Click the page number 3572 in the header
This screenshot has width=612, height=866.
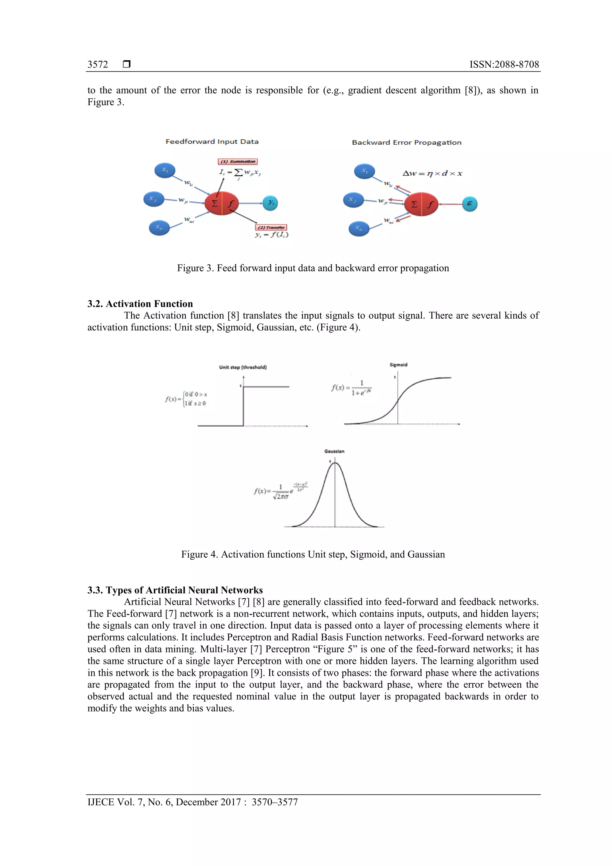[98, 65]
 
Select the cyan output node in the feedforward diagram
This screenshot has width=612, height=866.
[270, 203]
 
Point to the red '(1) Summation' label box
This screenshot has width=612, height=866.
[238, 161]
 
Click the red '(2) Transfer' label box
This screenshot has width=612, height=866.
[271, 227]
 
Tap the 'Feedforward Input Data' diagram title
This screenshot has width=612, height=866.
[212, 142]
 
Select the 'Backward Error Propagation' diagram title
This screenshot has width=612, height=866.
[406, 143]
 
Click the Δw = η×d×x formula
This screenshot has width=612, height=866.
[432, 173]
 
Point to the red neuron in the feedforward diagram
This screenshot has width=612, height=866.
[222, 203]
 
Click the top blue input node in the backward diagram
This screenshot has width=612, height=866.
[364, 171]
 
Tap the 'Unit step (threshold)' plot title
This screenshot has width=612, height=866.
[243, 367]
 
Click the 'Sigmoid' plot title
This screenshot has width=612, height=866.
[398, 365]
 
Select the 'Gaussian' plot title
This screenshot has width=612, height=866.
[334, 451]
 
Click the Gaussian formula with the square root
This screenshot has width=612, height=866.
[281, 491]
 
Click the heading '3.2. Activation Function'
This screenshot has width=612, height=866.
[140, 304]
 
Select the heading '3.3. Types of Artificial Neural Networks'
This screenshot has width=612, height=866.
[175, 590]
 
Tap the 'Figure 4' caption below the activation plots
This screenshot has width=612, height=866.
[313, 554]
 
